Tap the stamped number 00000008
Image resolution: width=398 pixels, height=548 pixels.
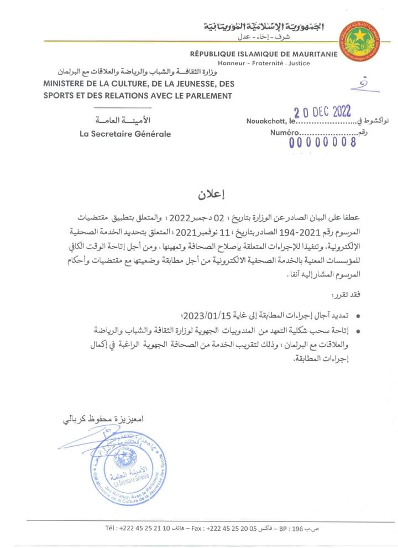pyautogui.click(x=323, y=142)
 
